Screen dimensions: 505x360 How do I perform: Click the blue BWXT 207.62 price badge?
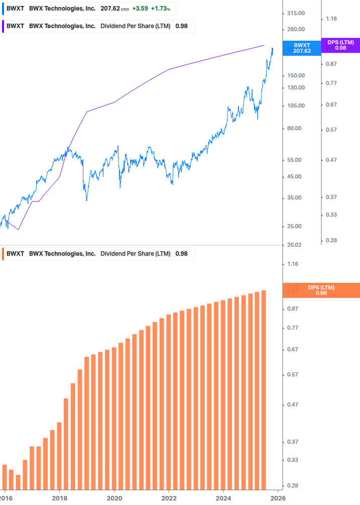click(x=302, y=48)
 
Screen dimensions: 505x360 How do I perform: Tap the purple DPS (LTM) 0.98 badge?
click(x=340, y=45)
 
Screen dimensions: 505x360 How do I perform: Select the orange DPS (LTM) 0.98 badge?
click(x=321, y=290)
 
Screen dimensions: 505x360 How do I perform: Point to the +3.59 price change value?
click(x=140, y=9)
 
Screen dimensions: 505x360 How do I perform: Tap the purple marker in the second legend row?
click(x=4, y=26)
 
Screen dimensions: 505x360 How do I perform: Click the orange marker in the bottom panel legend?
click(x=4, y=254)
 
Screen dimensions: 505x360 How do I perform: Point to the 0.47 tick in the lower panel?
click(x=292, y=405)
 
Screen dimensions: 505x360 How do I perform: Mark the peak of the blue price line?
click(x=272, y=48)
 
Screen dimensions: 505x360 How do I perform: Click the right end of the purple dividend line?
click(x=264, y=45)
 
